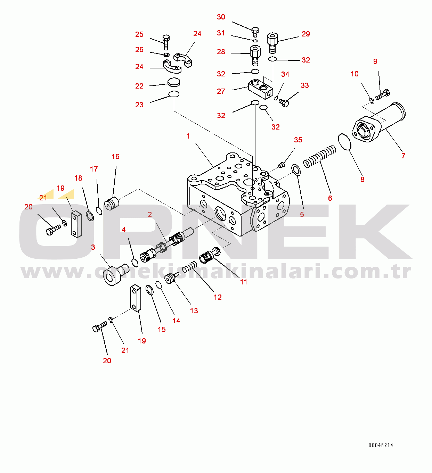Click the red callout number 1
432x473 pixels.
coord(188,136)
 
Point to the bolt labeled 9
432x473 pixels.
coord(383,94)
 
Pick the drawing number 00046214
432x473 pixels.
coord(381,445)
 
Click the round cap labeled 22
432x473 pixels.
coord(174,82)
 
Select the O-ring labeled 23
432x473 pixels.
coord(174,94)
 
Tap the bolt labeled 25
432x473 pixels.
coord(166,42)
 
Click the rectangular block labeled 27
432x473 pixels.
coord(260,88)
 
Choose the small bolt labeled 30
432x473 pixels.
coord(255,31)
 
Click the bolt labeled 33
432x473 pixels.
coord(284,102)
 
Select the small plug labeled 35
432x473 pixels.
coord(282,164)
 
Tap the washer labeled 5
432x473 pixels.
coord(296,170)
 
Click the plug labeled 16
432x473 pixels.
coord(112,204)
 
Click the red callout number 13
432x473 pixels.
coord(194,311)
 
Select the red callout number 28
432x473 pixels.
coord(221,52)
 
